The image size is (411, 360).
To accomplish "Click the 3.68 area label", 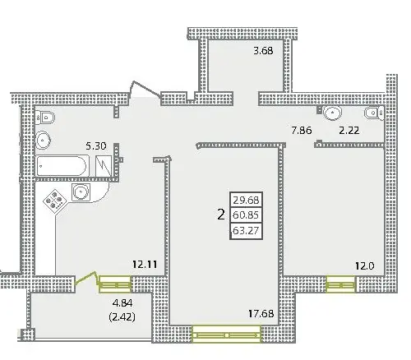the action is (x=263, y=51).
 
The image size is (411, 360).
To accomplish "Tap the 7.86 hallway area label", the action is (x=302, y=130).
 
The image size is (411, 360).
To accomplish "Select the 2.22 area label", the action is (x=349, y=130).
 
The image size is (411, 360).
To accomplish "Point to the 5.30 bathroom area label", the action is (x=96, y=146).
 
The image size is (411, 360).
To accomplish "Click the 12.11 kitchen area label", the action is (x=145, y=265).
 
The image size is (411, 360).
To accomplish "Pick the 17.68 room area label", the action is (x=261, y=313).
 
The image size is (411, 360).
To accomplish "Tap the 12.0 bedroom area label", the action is (x=365, y=265).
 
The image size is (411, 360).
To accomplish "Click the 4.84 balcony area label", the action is (x=122, y=303).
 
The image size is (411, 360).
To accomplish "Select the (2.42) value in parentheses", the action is (x=122, y=317).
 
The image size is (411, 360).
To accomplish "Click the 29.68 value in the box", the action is (x=246, y=201).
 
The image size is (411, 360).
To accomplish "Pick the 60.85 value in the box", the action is (x=246, y=215).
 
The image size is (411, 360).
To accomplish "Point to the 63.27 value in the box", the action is (x=246, y=230).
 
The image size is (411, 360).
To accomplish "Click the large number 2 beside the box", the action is (x=221, y=215).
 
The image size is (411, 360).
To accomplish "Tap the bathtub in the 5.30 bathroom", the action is (x=62, y=166).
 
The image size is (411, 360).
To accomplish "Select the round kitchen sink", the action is (x=81, y=192).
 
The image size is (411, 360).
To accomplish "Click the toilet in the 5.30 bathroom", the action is (x=45, y=118).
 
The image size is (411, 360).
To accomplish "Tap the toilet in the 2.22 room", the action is (x=374, y=113).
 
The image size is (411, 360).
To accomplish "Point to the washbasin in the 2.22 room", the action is (x=333, y=113).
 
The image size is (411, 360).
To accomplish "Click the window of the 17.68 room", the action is (x=226, y=335).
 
